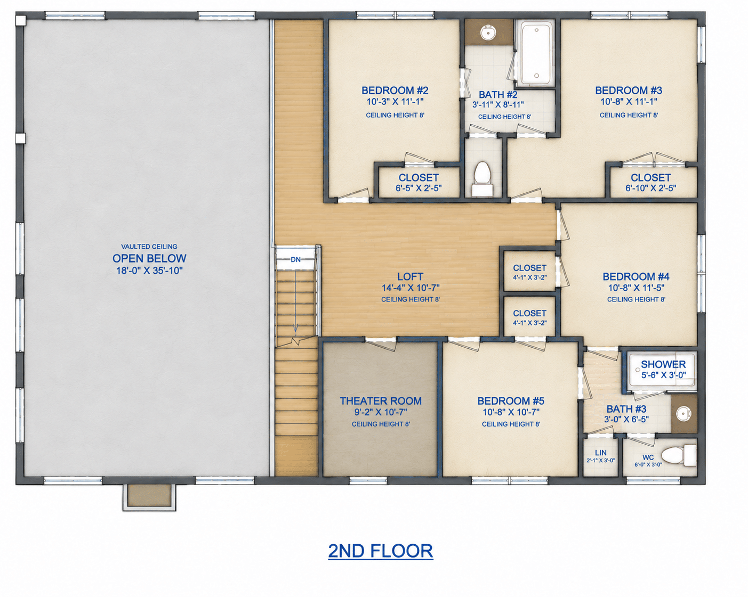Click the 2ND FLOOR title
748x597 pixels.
pos(381,551)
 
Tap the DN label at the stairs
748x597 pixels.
pos(296,259)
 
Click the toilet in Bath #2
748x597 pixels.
pos(482,178)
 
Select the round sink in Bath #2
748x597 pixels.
pos(488,32)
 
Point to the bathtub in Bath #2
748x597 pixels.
pos(535,53)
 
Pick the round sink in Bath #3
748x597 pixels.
pos(684,414)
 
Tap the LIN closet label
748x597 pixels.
pos(601,453)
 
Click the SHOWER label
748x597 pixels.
pos(663,364)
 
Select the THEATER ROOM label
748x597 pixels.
pos(381,401)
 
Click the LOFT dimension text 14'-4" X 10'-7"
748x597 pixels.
pos(411,288)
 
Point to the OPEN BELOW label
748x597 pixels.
pos(149,258)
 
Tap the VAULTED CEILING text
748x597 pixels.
pos(149,247)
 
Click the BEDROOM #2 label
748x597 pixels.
pos(395,91)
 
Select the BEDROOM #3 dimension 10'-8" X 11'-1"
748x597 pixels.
pos(629,102)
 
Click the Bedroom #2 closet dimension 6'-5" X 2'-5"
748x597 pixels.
pos(419,188)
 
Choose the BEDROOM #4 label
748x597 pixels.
pos(636,277)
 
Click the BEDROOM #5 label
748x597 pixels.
pos(511,401)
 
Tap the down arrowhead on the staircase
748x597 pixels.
pos(296,328)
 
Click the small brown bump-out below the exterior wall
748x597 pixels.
pos(149,497)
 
